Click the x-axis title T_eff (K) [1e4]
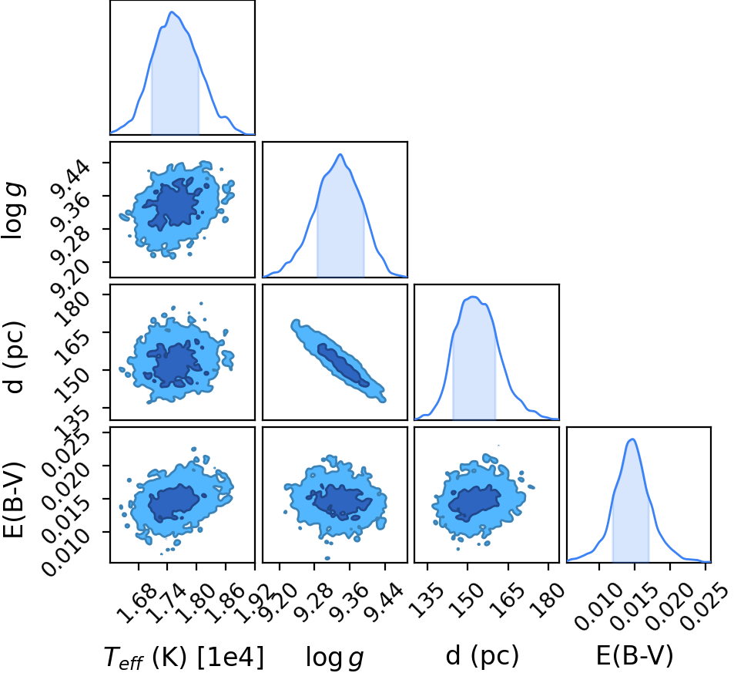click(x=184, y=656)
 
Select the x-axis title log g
click(x=335, y=656)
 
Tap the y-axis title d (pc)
click(x=15, y=357)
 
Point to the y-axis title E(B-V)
click(x=14, y=500)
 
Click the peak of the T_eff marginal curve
click(x=172, y=12)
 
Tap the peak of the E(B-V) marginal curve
click(x=632, y=439)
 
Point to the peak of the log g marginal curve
click(x=340, y=154)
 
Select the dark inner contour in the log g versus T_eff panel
click(x=173, y=204)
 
